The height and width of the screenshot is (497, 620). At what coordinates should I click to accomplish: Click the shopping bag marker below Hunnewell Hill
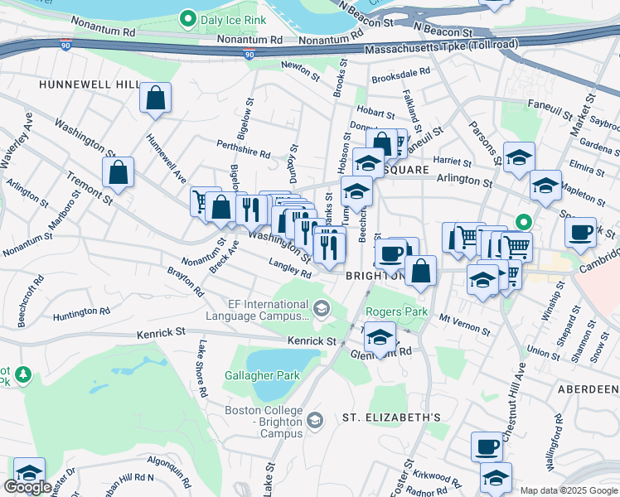click(x=155, y=99)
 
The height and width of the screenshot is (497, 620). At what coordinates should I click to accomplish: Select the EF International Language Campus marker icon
click(x=321, y=310)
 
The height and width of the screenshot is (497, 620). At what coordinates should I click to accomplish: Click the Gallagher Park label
click(x=262, y=375)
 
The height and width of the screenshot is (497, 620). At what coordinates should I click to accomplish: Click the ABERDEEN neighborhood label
click(x=589, y=389)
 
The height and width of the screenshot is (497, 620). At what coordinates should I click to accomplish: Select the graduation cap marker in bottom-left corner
click(x=29, y=472)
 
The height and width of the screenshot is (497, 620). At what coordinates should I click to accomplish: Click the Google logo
click(x=27, y=487)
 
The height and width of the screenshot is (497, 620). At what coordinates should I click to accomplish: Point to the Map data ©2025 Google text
click(x=568, y=490)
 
